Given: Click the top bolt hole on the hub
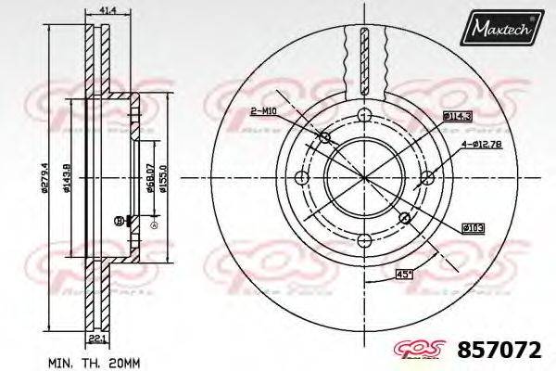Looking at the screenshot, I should coord(364,114).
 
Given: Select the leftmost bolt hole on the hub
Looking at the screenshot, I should coord(300,178).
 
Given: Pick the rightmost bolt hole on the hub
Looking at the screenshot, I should coord(428,178).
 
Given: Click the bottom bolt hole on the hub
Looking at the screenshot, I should coord(404,218).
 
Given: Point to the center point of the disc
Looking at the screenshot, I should coord(364,178).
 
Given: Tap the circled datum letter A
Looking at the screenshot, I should coord(154,225).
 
